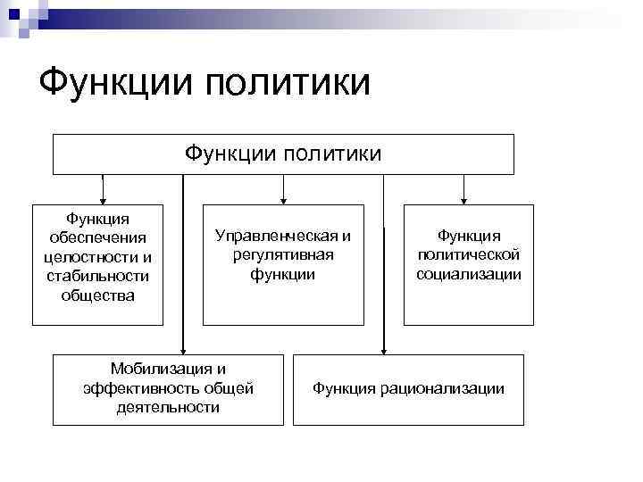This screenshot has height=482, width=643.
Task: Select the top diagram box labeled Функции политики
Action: [x=283, y=154]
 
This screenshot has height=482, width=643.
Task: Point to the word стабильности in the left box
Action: [x=97, y=275]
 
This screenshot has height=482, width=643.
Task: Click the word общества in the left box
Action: [x=97, y=295]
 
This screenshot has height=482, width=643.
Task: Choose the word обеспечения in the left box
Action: [x=97, y=237]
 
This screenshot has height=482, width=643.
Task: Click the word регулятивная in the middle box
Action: [x=282, y=255]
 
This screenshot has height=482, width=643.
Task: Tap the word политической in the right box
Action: [x=468, y=255]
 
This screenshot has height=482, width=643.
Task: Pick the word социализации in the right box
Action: [x=468, y=274]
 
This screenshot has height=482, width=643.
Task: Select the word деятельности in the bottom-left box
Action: [x=167, y=407]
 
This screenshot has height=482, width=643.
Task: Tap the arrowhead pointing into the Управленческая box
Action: [x=283, y=199]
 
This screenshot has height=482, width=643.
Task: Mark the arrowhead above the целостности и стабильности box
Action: [x=104, y=199]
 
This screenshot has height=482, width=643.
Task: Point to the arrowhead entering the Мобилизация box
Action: [x=183, y=349]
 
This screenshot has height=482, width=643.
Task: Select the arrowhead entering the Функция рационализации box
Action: [x=383, y=349]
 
